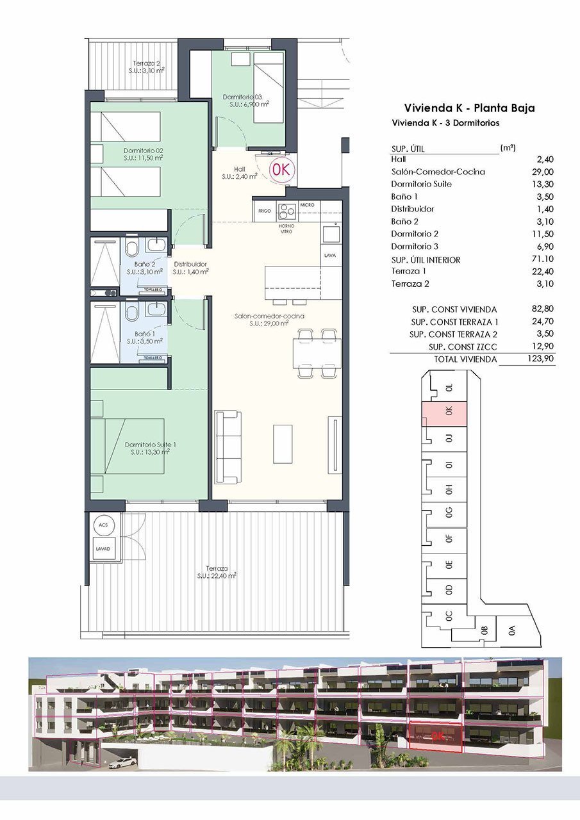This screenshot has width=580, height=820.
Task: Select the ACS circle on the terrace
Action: [x=103, y=525]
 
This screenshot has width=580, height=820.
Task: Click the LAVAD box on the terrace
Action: [x=103, y=549]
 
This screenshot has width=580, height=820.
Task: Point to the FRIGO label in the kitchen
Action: [x=264, y=210]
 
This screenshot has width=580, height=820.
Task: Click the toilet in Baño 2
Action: [x=132, y=249]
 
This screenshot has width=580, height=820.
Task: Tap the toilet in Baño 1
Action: [x=132, y=313]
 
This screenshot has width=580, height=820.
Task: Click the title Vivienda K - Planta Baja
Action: [x=469, y=108]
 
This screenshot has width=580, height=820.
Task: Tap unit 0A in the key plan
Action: [x=511, y=630]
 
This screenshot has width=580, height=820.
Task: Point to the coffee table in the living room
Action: [x=282, y=443]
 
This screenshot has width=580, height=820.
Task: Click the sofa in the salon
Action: [x=229, y=448]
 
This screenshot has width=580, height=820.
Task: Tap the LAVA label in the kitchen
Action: [x=331, y=255]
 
